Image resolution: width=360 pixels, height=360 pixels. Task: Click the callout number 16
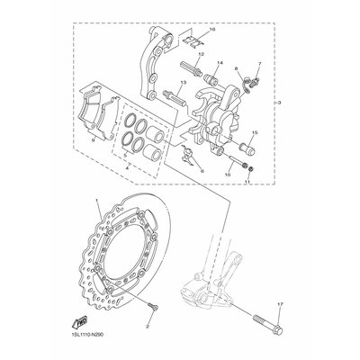pyautogui.click(x=213, y=30)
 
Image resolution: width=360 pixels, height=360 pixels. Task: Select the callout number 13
pyautogui.click(x=183, y=82)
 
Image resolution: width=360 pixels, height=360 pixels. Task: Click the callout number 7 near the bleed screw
pyautogui.click(x=256, y=62)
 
